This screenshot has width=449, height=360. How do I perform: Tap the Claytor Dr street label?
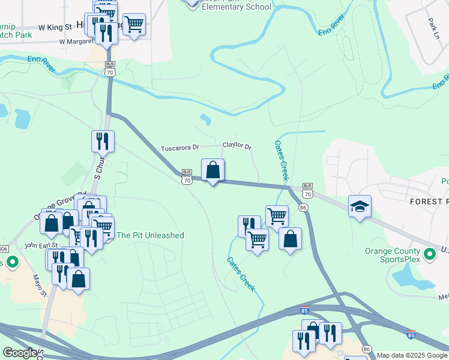tap(237, 145)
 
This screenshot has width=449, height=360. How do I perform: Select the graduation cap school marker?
tap(360, 206)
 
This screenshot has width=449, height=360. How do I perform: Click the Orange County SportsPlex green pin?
tap(430, 254)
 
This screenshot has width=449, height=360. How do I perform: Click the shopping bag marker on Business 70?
tap(212, 170)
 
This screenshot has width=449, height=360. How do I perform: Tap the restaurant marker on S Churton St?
tap(102, 142)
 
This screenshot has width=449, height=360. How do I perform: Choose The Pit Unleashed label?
tap(150, 235)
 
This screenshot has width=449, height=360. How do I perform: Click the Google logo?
tap(19, 353)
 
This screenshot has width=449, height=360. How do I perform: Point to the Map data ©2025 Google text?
tap(412, 355)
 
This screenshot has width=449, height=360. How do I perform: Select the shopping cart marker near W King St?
tap(134, 25)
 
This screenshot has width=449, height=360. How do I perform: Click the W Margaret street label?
tap(77, 42)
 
